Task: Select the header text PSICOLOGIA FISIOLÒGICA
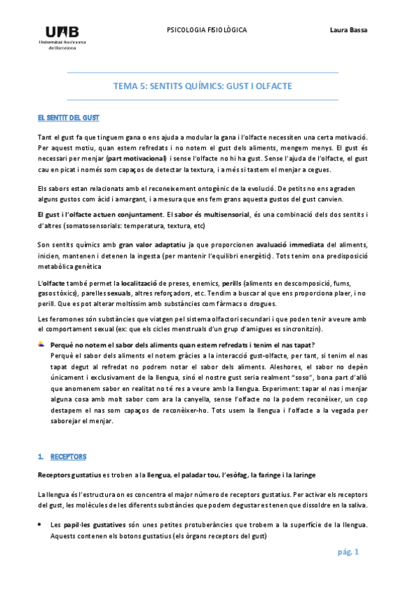[x=207, y=30]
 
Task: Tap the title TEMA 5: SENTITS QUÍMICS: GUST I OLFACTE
[x=203, y=86]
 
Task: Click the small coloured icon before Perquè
[x=41, y=345]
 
